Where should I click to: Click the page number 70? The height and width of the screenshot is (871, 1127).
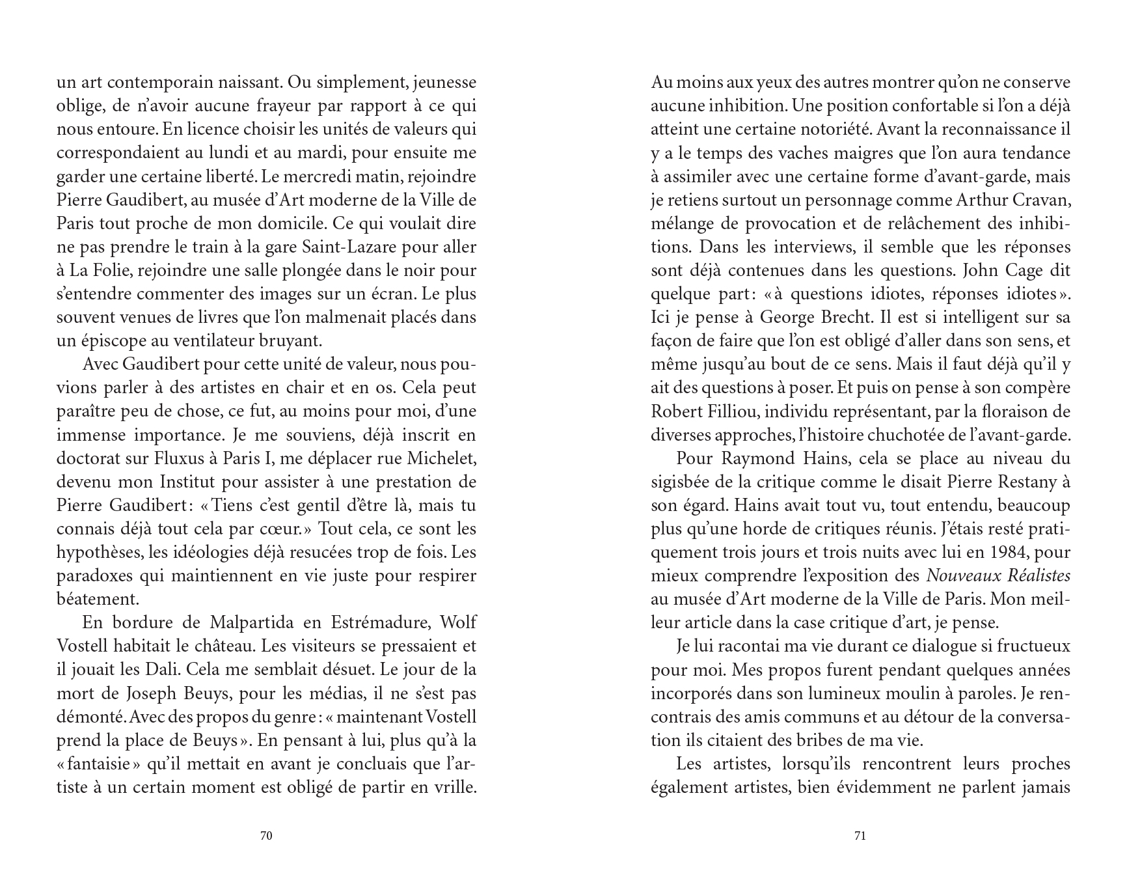(x=265, y=836)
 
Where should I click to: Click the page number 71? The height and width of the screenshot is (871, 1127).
(x=860, y=836)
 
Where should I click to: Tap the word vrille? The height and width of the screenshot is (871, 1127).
(x=455, y=786)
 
